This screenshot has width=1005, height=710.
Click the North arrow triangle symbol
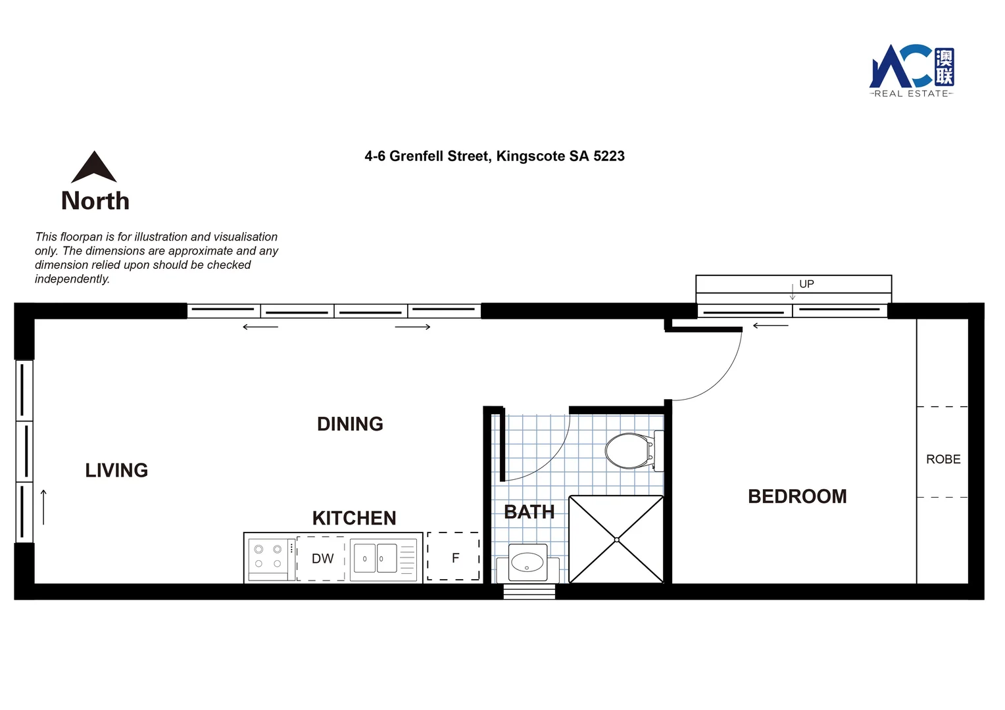point(94,168)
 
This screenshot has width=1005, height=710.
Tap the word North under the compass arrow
point(95,201)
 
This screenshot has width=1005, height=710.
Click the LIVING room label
point(116,470)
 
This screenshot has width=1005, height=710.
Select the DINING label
point(350,424)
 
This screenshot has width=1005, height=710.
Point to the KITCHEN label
point(354,518)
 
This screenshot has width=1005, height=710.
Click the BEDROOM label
point(797,496)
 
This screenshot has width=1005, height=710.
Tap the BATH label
point(529,512)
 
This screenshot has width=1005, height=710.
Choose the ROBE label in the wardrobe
point(943,460)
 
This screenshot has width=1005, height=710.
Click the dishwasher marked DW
point(322,559)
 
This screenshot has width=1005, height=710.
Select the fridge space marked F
point(454,557)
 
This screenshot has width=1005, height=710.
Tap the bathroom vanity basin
point(527,563)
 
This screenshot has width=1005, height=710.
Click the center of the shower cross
point(616,540)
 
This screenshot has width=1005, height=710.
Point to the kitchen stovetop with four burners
point(268,557)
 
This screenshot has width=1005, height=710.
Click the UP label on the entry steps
point(806,284)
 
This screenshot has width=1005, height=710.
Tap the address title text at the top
point(495,156)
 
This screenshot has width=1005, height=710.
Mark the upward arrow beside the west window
point(43,507)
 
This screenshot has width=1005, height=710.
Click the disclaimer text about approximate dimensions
point(157,258)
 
